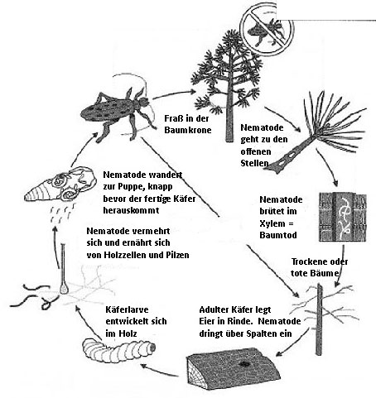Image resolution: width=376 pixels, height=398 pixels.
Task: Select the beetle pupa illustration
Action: coord(60,184)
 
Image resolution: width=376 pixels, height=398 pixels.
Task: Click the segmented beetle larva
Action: coord(118,350)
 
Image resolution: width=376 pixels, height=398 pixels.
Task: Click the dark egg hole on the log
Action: coord(244,363)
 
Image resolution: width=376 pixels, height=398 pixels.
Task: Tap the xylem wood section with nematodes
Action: coord(343,217)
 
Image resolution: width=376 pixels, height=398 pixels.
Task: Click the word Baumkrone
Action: coord(188,130)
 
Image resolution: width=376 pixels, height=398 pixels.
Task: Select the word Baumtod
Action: coord(278,235)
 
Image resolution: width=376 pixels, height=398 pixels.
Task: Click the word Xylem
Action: coord(272,223)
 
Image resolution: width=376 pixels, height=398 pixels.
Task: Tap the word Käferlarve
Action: coord(127,309)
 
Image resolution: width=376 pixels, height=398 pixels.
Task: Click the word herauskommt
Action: coord(131,210)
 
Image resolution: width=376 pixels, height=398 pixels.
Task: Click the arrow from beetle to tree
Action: coord(173,94)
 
